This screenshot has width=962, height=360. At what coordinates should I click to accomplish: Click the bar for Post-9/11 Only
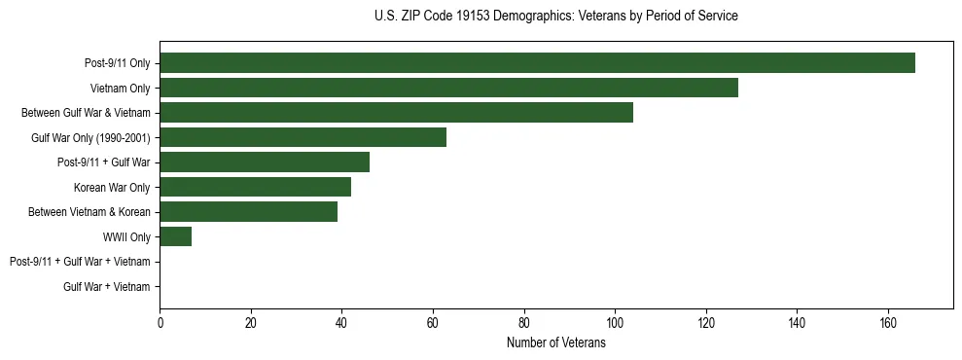coord(537,63)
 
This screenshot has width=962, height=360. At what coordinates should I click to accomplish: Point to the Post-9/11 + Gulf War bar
coord(265,162)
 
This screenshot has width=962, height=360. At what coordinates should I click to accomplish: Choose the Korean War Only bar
coord(255,187)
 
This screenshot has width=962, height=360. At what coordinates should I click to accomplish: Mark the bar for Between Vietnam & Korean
coord(248,211)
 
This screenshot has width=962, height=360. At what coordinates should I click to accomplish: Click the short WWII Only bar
coord(175,236)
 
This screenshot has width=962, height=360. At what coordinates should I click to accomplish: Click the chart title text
coord(555,17)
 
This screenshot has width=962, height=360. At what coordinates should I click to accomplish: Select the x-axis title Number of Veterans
coord(555,343)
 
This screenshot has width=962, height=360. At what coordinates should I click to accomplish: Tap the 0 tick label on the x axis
coord(160,324)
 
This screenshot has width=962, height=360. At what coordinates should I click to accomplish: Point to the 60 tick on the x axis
coord(433,324)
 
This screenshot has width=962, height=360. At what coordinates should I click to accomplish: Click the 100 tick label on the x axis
coord(615,324)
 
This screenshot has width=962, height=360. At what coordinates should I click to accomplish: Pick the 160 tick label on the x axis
coord(888,324)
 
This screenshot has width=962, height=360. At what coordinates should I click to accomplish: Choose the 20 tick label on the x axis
coord(251,324)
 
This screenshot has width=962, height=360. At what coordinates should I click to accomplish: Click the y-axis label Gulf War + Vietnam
coord(107,286)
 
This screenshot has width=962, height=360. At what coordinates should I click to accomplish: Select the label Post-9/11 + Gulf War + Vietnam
coord(80,262)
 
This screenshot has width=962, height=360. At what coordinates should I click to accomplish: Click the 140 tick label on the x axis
coord(797,324)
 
